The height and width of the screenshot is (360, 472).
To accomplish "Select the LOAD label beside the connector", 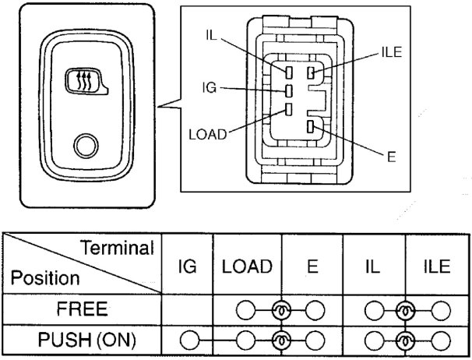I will pos(207,133).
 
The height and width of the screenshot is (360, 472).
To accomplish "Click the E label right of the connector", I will pos(391,156).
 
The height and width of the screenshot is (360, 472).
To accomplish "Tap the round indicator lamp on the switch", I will pos(85,145).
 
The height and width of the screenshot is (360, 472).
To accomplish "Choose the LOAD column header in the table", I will pos(247,266).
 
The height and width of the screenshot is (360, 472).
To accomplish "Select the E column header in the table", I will pos(312,266).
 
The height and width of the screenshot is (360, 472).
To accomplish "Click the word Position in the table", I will pos(45,278).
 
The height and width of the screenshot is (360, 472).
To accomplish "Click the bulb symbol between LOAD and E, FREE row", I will pos(280,309).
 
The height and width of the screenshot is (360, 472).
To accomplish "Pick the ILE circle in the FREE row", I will pos(438,309).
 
